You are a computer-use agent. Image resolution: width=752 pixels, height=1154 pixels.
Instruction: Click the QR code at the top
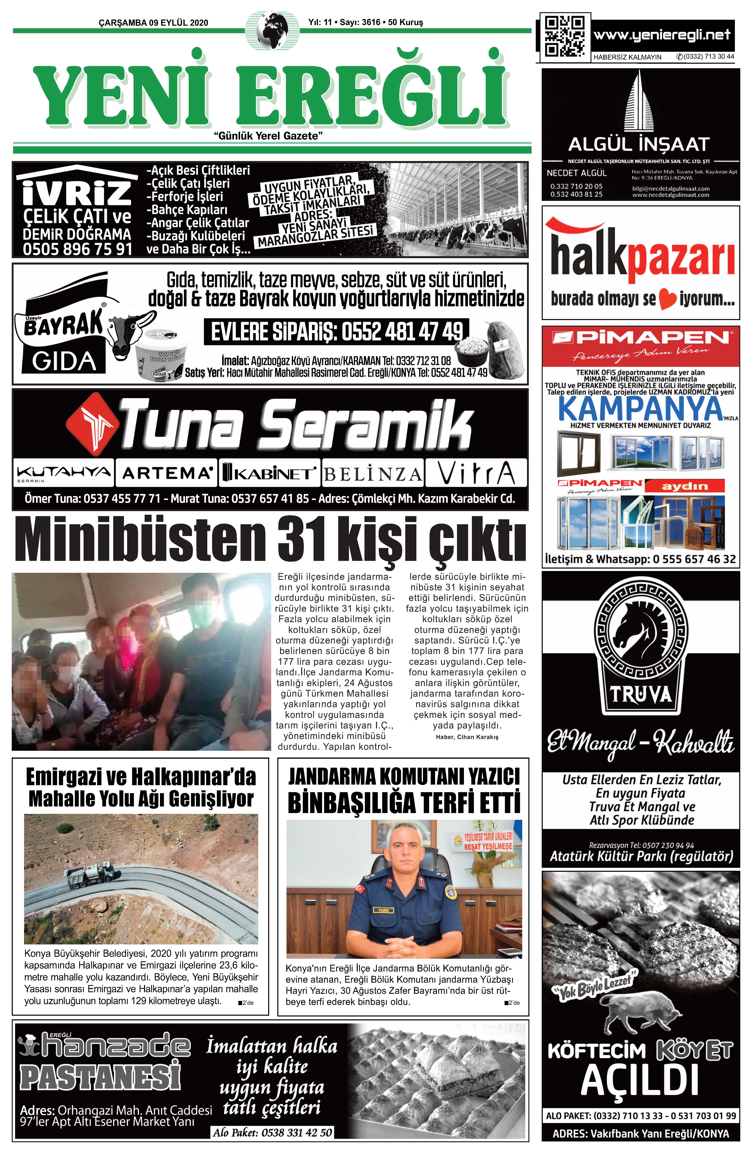point(564,36)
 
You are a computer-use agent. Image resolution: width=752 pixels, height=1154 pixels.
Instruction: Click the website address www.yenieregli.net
point(662,35)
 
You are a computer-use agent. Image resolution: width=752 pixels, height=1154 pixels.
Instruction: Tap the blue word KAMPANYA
point(640,409)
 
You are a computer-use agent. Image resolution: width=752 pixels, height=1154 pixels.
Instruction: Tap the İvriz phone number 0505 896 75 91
point(78,249)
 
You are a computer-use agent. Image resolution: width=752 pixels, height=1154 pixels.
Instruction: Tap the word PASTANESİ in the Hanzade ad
point(99,1075)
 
